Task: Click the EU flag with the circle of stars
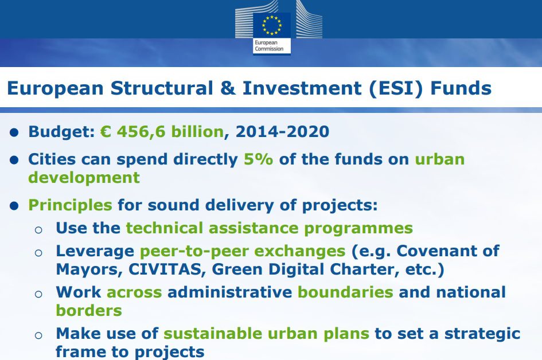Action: pyautogui.click(x=272, y=25)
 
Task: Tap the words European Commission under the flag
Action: pyautogui.click(x=269, y=46)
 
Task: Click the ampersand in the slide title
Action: pyautogui.click(x=228, y=88)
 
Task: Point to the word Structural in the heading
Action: pyautogui.click(x=162, y=88)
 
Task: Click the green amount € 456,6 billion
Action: pyautogui.click(x=162, y=132)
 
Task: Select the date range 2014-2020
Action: pyautogui.click(x=282, y=132)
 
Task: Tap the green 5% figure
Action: pyautogui.click(x=259, y=159)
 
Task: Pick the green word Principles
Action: pyautogui.click(x=70, y=205)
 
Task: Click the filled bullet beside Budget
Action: pyautogui.click(x=14, y=132)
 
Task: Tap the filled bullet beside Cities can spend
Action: pyautogui.click(x=14, y=161)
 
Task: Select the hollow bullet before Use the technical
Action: pyautogui.click(x=38, y=230)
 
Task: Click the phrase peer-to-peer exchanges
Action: pyautogui.click(x=243, y=252)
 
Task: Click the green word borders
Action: pyautogui.click(x=89, y=311)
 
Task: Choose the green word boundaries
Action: pyautogui.click(x=346, y=292)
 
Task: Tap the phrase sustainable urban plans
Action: pyautogui.click(x=267, y=334)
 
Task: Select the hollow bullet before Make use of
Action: pyautogui.click(x=38, y=335)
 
